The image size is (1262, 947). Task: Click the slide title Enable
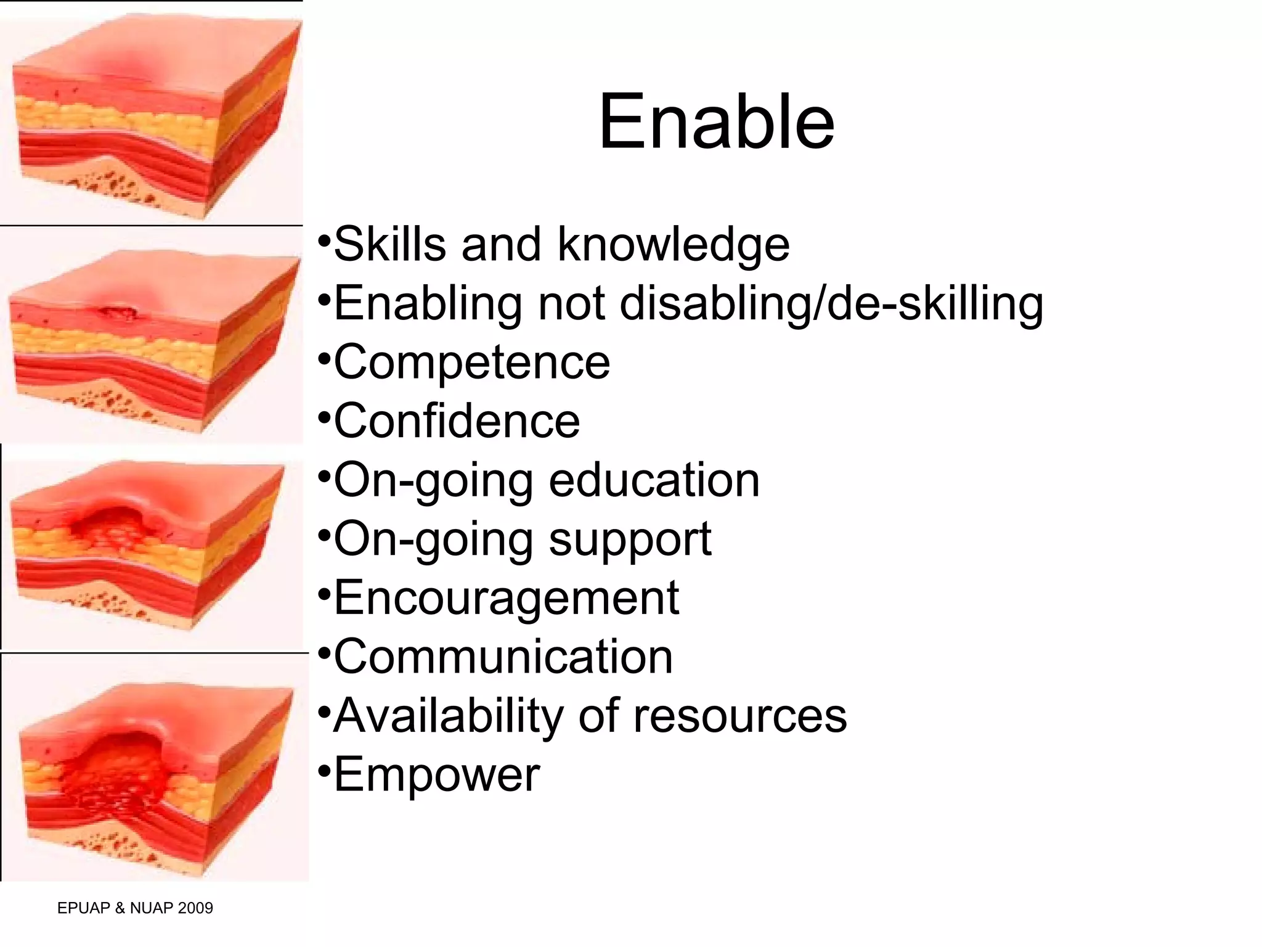coord(716,122)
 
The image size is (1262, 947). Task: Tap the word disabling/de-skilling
coord(831,303)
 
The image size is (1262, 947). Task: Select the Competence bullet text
coord(471,362)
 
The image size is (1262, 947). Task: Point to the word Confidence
coord(457,421)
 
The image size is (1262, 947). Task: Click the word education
coord(654,480)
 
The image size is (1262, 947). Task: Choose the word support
coord(630,539)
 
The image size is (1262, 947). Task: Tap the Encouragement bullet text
coord(506,598)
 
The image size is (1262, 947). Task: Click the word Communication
coord(503,657)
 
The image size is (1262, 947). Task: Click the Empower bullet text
coord(436,775)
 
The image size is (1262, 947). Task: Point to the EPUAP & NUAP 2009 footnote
coord(135,908)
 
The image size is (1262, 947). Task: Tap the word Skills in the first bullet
coord(389,245)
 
